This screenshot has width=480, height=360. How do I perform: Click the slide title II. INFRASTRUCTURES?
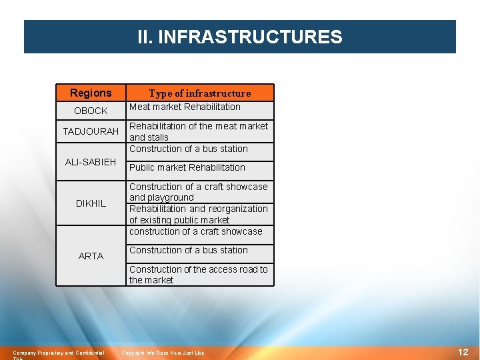[239, 37]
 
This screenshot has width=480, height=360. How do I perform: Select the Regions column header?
[91, 93]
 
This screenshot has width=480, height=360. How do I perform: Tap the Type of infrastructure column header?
[199, 93]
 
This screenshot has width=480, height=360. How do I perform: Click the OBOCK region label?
[91, 111]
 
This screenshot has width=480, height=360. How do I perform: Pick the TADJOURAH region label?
[91, 131]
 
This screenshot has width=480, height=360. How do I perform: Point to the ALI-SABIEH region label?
[91, 162]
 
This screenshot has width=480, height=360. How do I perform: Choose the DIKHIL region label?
[91, 203]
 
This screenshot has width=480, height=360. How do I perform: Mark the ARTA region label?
[91, 256]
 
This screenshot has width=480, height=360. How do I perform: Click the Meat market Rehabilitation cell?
[185, 107]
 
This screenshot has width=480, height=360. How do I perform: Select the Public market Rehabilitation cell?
[187, 167]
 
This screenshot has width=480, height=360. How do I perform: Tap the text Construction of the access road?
[198, 269]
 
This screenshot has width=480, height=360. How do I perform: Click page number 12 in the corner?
[463, 351]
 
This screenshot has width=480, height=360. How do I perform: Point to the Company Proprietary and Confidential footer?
[59, 352]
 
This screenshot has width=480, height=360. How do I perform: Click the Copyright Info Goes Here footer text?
[163, 352]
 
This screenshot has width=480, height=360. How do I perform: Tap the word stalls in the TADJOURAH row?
[159, 137]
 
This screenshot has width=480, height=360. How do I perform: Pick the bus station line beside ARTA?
[189, 250]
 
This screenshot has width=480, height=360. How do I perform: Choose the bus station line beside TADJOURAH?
[189, 149]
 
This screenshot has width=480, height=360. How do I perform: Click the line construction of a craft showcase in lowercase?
[196, 231]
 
